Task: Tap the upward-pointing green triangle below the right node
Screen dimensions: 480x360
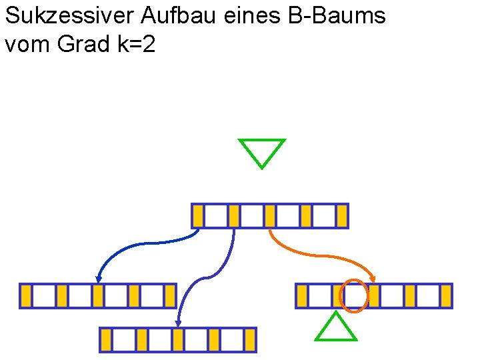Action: click(335, 328)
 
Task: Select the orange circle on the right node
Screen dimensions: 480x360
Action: click(354, 295)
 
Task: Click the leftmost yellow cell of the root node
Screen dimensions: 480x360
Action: click(198, 216)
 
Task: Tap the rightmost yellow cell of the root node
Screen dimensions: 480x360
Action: click(342, 216)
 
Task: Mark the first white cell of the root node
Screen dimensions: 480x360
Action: click(216, 216)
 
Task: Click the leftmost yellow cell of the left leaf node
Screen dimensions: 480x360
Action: click(26, 296)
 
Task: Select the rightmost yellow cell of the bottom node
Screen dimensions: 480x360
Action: click(250, 340)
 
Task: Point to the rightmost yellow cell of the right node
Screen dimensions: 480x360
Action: click(446, 296)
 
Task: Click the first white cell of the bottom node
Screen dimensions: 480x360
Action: click(124, 340)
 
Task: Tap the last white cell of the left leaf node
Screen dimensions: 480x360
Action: click(152, 296)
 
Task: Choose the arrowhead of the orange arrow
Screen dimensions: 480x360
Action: click(372, 278)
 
